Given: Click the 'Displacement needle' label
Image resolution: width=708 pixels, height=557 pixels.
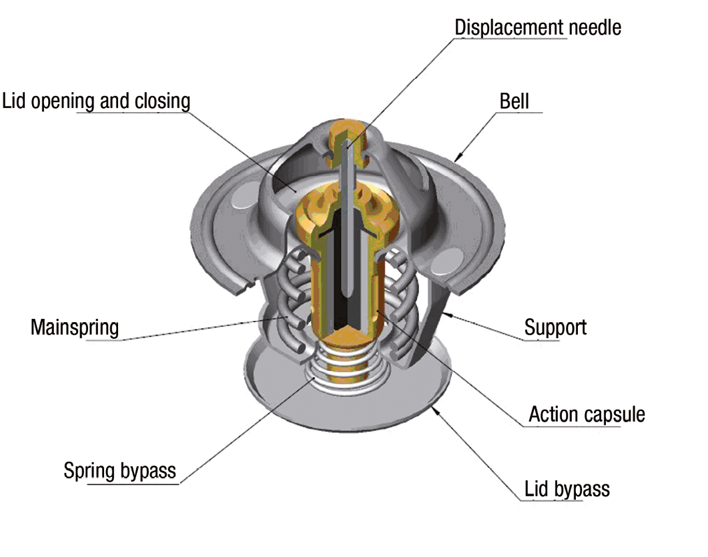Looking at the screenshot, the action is pyautogui.click(x=538, y=27).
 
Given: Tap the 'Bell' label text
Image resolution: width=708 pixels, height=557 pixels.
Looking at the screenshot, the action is pyautogui.click(x=514, y=101).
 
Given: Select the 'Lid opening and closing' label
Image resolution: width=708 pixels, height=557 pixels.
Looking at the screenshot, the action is pyautogui.click(x=96, y=101).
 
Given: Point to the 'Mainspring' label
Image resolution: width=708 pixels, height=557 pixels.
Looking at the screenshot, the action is pyautogui.click(x=75, y=328).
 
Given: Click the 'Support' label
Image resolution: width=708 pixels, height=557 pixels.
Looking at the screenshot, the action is pyautogui.click(x=555, y=328).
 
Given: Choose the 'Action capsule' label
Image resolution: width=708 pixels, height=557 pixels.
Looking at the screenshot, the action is pyautogui.click(x=587, y=414).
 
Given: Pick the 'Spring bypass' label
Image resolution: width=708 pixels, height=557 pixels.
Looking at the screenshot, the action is pyautogui.click(x=119, y=471).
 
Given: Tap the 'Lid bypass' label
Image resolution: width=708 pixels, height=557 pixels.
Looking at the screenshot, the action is pyautogui.click(x=567, y=489).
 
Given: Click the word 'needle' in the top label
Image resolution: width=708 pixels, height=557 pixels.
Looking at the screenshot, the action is pyautogui.click(x=595, y=27).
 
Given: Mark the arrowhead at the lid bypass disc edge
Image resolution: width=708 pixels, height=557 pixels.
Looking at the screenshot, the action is pyautogui.click(x=435, y=410).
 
